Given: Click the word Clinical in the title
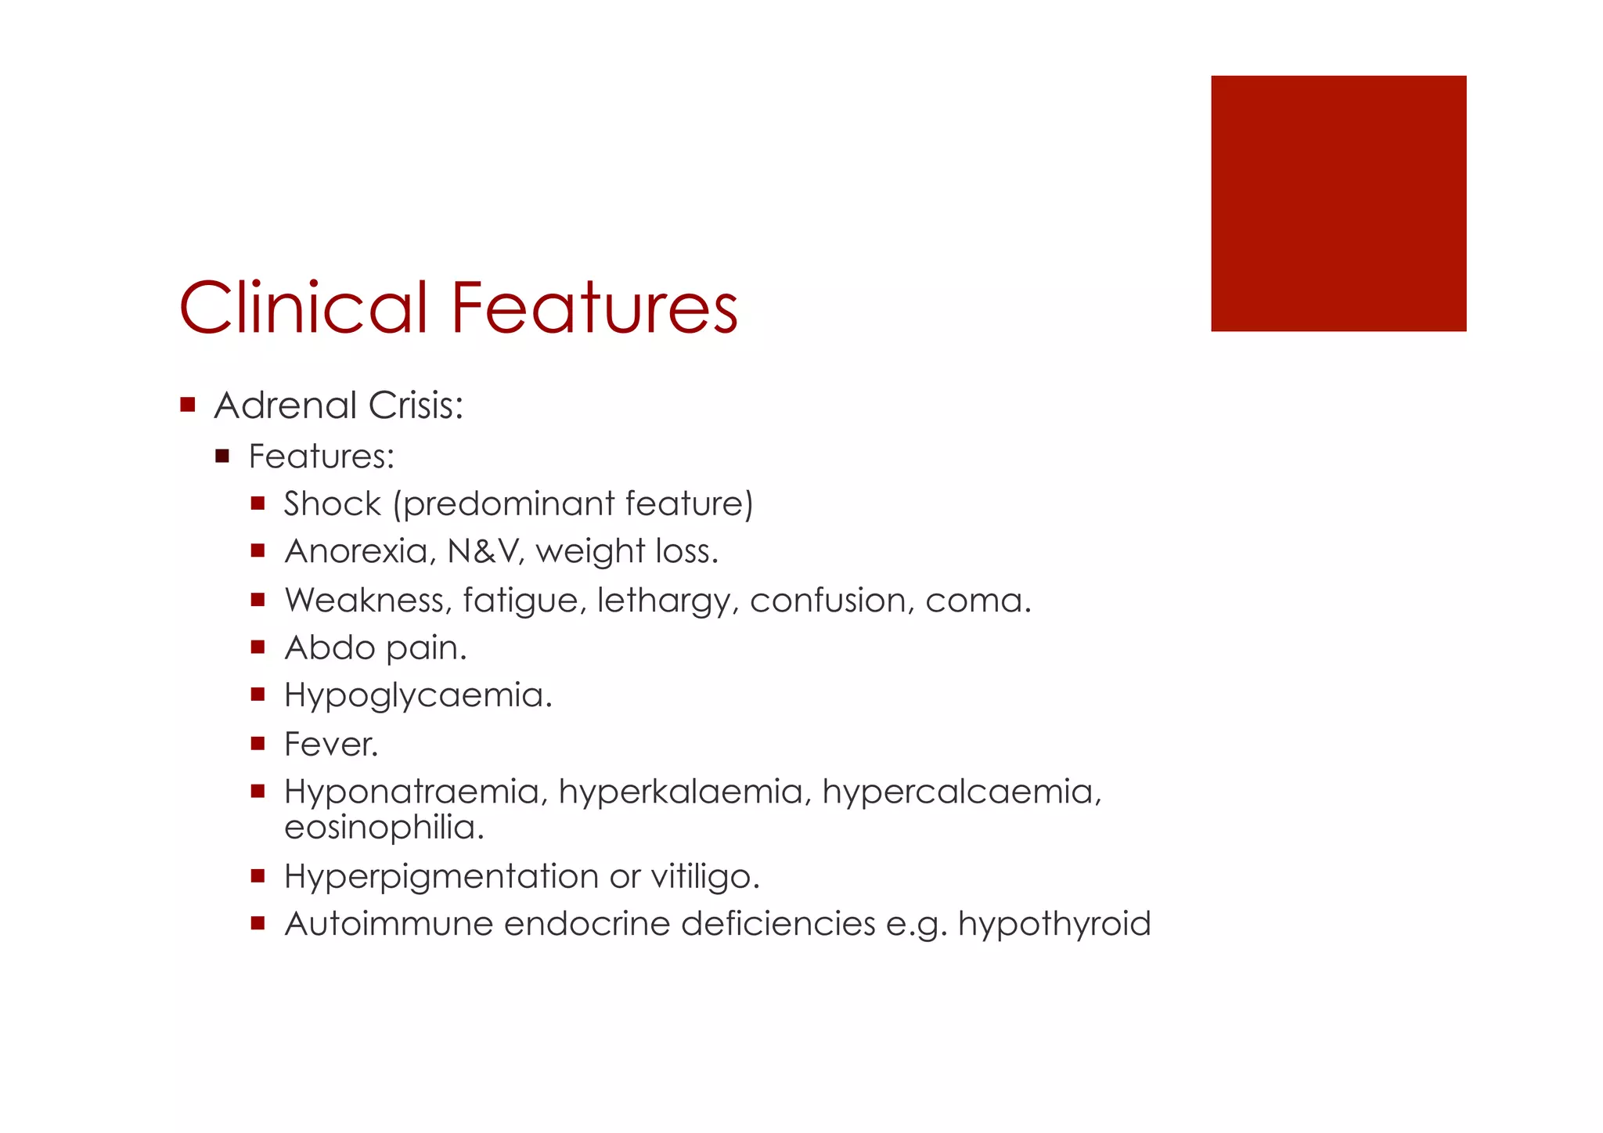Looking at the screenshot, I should coord(303,307).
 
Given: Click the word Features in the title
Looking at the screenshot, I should coord(594,307).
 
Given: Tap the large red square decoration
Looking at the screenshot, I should coord(1338,204).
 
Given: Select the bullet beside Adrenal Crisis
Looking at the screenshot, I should coord(187,405).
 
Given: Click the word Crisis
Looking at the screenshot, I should coord(416,406).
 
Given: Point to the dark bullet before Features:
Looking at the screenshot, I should coord(222,456).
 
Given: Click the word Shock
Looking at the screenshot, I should coord(332,503).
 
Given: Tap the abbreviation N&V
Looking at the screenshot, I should coord(482,551).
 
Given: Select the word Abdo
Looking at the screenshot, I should coord(330,648).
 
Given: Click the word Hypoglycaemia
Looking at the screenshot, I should coord(417,696).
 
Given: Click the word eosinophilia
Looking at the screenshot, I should coord(384,828).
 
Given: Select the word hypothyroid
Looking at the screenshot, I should coord(1054,925).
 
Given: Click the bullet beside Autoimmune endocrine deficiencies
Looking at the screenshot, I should coord(258,923).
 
